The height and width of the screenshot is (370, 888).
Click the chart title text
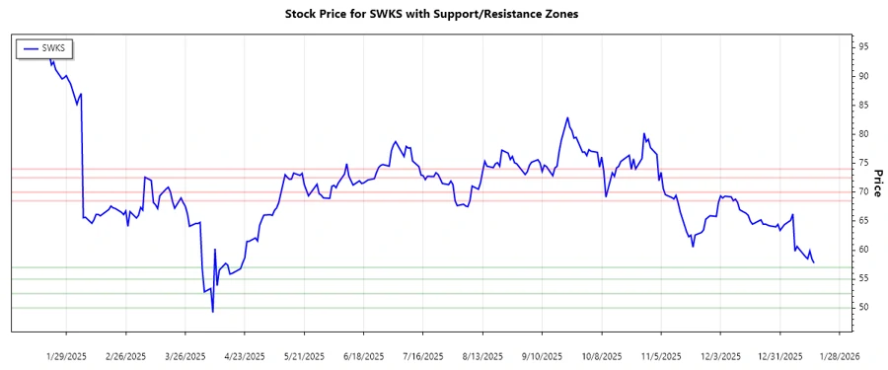tap(444, 14)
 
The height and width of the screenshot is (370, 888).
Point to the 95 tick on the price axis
tap(863, 46)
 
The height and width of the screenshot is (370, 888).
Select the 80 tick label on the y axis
tap(863, 134)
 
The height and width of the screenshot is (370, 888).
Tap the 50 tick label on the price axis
tap(863, 308)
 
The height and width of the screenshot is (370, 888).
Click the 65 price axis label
tap(863, 221)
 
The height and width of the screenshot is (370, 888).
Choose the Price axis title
tap(879, 177)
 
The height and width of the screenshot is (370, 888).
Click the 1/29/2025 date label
tap(68, 355)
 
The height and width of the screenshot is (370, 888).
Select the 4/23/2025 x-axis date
tap(245, 355)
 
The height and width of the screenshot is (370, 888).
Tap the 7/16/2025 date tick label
tap(422, 355)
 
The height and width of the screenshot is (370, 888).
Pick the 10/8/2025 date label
tap(599, 355)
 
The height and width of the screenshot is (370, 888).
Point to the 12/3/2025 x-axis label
tap(717, 355)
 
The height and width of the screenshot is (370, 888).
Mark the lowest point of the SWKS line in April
tap(213, 312)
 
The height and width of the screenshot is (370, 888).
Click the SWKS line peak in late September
tap(567, 118)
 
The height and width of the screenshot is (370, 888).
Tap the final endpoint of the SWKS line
tap(813, 262)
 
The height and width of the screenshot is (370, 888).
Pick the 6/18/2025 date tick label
tap(363, 355)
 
